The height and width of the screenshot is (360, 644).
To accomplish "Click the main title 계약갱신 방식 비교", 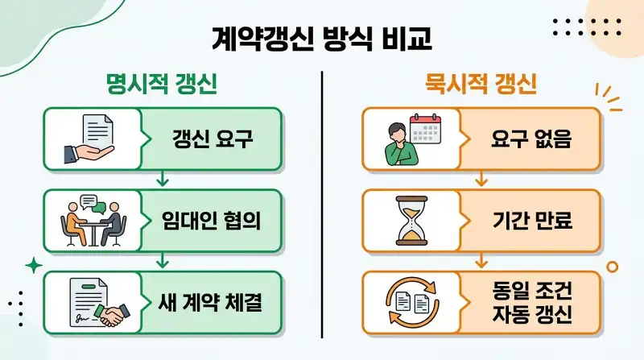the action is coord(322,39).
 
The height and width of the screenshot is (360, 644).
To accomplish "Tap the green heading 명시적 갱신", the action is coord(162,85).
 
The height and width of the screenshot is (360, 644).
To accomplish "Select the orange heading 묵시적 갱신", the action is coord(481,85).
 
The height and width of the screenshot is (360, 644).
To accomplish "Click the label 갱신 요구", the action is coord(213,139).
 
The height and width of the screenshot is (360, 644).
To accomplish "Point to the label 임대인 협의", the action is coord(212,221).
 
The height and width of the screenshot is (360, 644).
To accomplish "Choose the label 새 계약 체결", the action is coord(210,302).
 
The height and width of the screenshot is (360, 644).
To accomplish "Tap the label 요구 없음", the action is coord(531,139).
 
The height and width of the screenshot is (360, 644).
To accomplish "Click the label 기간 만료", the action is coord(532,221).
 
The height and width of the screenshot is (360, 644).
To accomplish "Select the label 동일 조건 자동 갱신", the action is coord(532,302).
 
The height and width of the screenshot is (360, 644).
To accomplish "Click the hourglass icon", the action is coord(411,221).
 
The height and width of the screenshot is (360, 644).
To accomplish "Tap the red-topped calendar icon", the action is coord(426,129).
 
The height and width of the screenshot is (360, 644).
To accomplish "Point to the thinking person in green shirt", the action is coord(400,145).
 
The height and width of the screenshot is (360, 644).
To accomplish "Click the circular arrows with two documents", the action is coord(412,303).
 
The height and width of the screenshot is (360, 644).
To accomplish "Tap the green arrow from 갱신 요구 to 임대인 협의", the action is coord(163,179).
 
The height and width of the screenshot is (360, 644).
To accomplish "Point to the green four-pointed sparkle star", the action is coord(34,266).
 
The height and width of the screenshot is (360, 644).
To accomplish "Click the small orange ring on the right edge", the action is coord(612,267).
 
